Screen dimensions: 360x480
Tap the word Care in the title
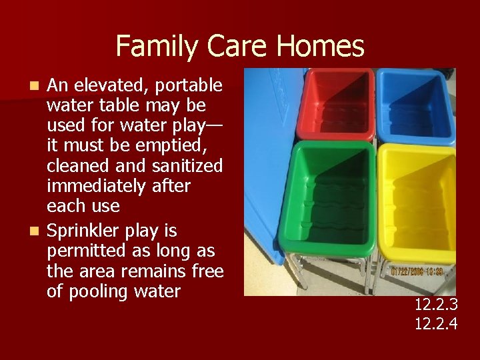coord(240,46)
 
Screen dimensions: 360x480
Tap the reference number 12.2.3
coord(435,305)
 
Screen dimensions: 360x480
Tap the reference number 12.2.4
coord(435,325)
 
